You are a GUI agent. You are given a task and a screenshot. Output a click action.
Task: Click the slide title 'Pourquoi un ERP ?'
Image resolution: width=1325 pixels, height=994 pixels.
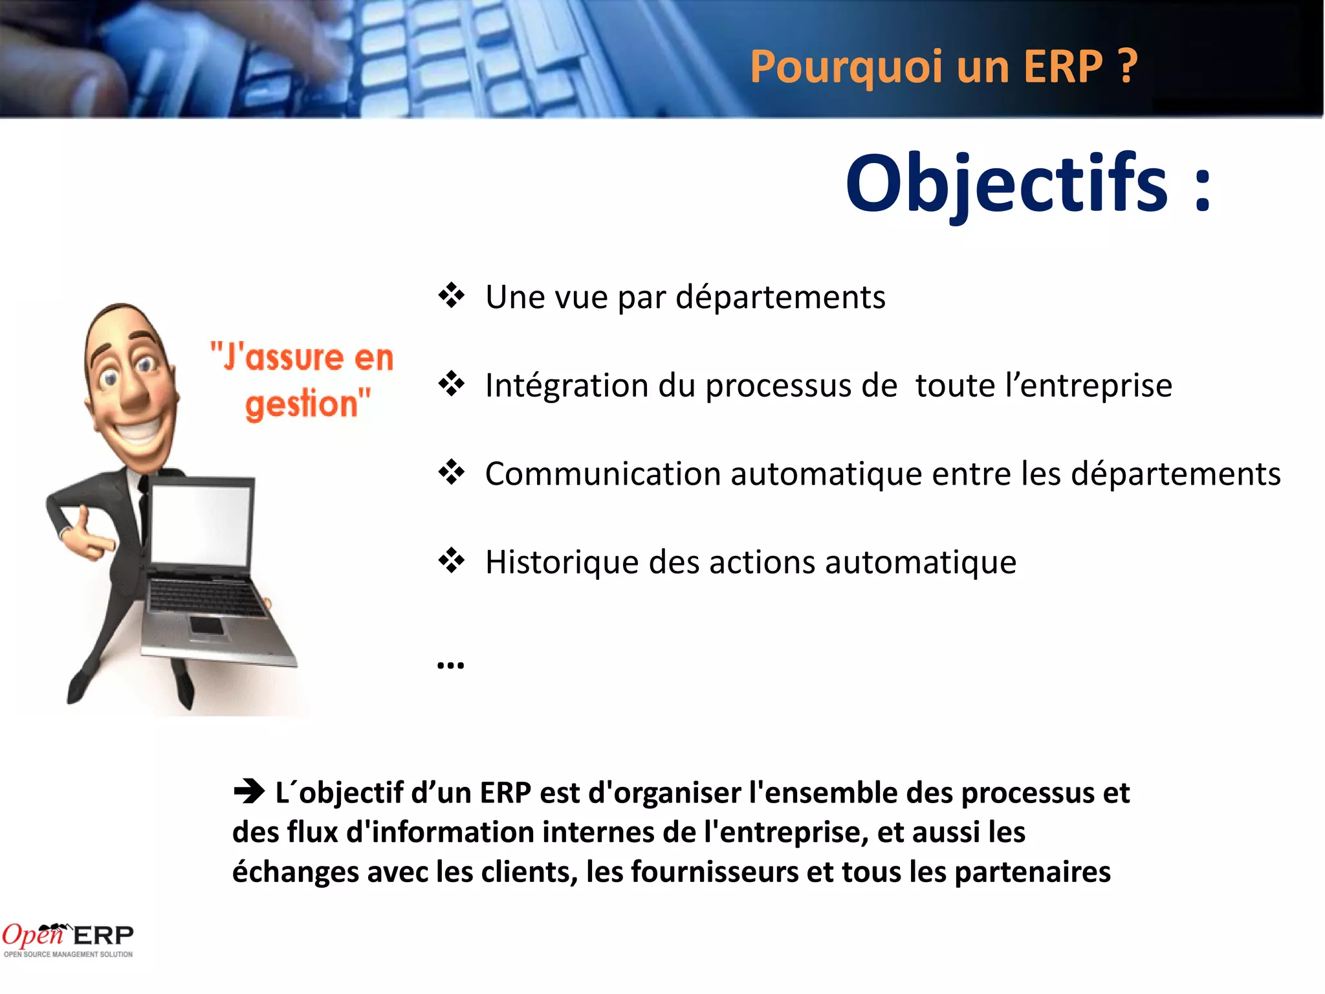coord(943,67)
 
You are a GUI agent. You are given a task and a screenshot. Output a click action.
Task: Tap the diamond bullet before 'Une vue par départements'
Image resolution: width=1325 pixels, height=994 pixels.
coord(451,296)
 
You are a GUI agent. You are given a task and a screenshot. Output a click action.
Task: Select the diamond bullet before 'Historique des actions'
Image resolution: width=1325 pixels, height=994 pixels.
coord(451,560)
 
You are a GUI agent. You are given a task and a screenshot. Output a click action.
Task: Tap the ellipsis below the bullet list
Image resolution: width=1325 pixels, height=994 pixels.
coord(450,665)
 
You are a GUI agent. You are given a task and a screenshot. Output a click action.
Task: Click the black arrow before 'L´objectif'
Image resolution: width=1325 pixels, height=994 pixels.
coord(249,791)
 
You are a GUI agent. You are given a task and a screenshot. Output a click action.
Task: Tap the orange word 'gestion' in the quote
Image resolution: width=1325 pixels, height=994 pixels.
coord(301,404)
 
